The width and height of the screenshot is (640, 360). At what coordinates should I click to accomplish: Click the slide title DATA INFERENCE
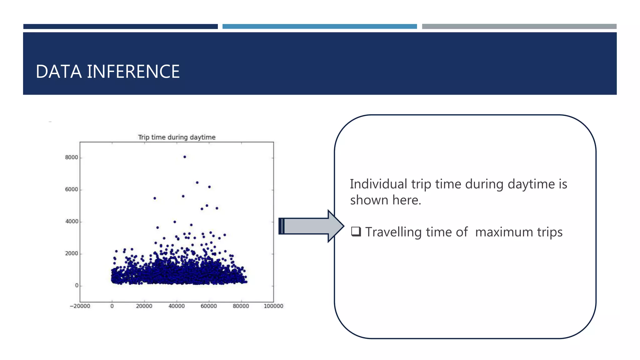(x=107, y=72)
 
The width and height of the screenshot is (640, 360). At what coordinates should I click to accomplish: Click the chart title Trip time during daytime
(x=177, y=137)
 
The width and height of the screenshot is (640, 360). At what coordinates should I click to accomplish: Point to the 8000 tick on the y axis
(x=71, y=157)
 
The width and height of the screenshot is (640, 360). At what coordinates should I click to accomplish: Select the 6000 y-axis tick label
(x=71, y=189)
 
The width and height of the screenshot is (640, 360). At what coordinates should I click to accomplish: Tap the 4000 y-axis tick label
(x=71, y=222)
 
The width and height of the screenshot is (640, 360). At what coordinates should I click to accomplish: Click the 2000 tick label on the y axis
(x=71, y=253)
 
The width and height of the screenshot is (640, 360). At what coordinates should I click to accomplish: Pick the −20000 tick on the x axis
(x=80, y=306)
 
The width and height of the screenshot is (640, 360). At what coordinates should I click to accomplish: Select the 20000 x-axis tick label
(x=144, y=306)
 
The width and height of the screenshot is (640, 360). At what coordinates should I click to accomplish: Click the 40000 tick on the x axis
(x=177, y=306)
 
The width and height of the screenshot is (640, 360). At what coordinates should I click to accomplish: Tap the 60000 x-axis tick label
(x=209, y=306)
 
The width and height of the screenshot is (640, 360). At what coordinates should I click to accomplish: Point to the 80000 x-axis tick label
(x=241, y=306)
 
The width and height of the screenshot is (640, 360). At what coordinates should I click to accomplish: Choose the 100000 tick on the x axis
(x=273, y=306)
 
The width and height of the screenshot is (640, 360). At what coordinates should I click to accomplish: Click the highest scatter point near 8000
(x=185, y=157)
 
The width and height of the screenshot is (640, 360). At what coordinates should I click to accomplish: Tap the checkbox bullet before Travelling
(x=356, y=232)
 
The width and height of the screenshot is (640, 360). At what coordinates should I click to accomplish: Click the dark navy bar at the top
(x=120, y=27)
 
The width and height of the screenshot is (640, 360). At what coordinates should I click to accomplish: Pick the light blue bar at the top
(x=319, y=27)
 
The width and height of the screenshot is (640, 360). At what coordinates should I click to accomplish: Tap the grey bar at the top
(x=519, y=27)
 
